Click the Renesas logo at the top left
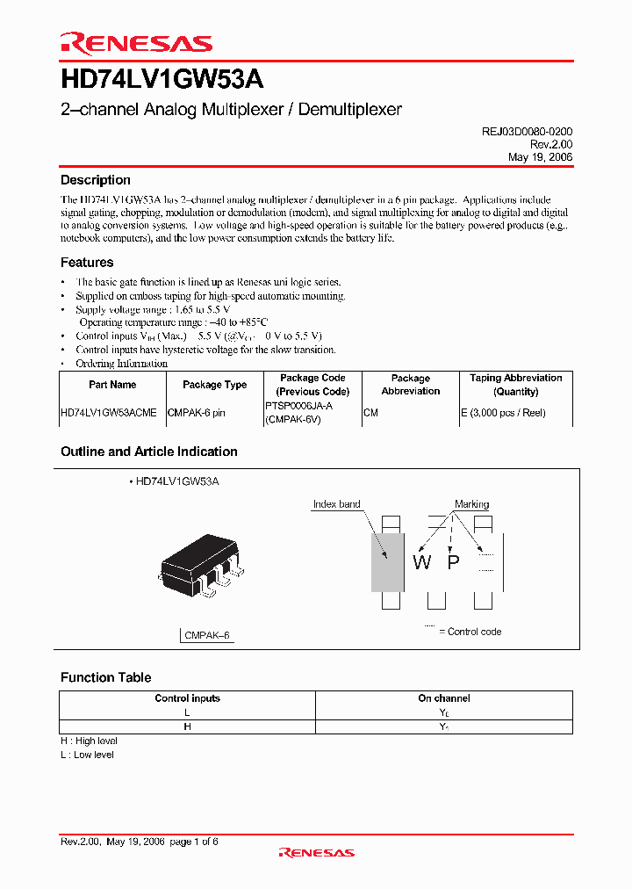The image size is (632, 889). [x=136, y=43]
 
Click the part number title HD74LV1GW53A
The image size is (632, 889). [x=162, y=80]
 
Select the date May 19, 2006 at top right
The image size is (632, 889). [x=540, y=156]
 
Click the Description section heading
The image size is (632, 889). [x=95, y=180]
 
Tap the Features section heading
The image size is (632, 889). [x=87, y=262]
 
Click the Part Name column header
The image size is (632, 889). [x=112, y=385]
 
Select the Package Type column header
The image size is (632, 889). [x=214, y=385]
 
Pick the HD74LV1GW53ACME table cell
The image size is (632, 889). [x=109, y=413]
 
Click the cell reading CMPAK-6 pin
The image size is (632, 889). [x=197, y=413]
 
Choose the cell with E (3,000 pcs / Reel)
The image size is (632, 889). [x=503, y=413]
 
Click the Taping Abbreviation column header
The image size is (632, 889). [x=515, y=385]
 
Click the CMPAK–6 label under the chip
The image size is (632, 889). [x=207, y=635]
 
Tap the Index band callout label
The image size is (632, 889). [x=336, y=504]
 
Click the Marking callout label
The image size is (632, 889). [x=471, y=504]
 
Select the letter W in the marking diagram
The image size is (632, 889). [x=422, y=562]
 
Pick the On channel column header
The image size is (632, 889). [x=443, y=698]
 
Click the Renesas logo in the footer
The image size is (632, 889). [x=316, y=852]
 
